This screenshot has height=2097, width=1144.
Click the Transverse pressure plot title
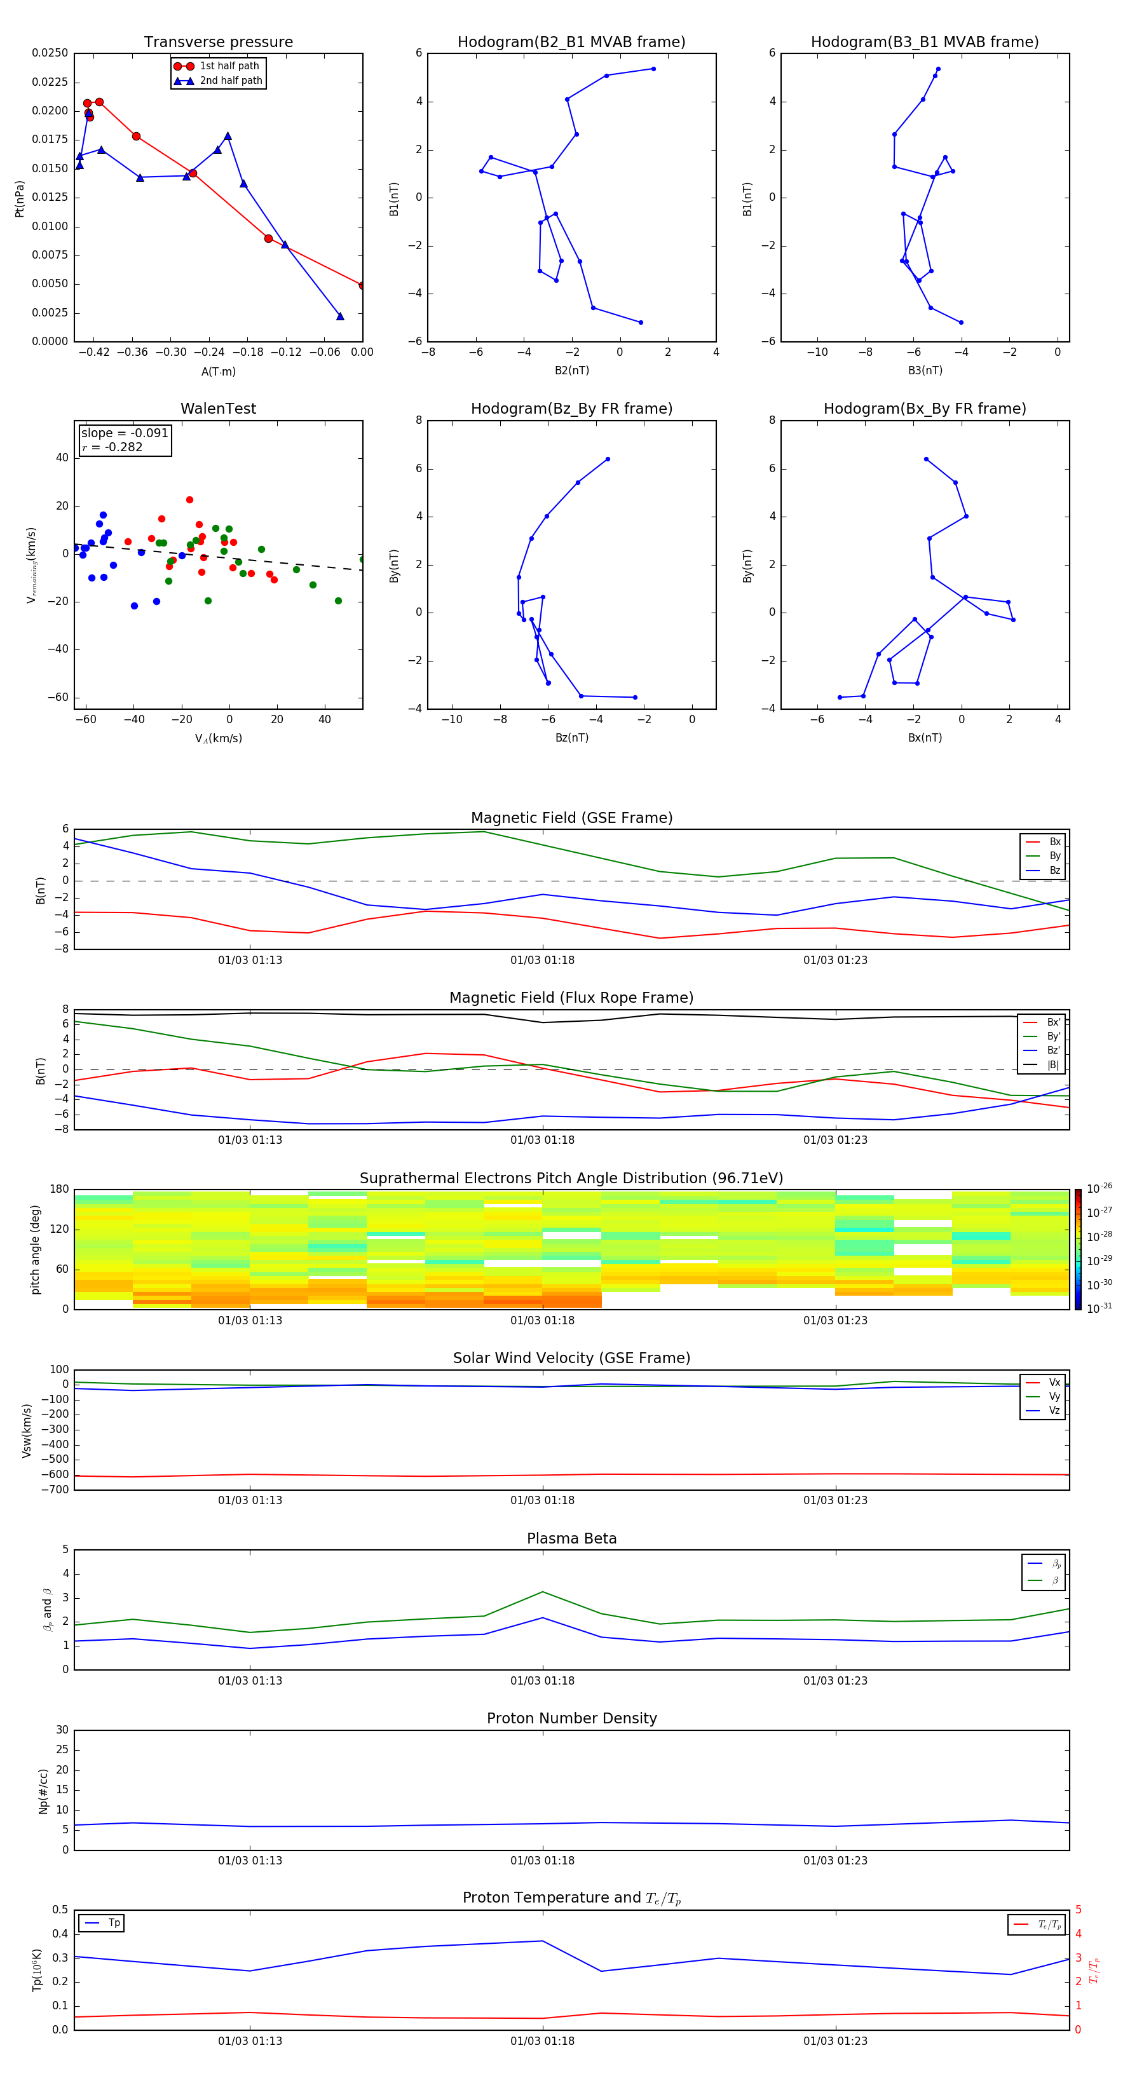point(218,43)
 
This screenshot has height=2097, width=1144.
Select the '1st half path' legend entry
point(229,66)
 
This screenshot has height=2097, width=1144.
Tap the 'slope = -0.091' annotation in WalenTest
point(125,433)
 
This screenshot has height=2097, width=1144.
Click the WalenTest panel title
point(218,409)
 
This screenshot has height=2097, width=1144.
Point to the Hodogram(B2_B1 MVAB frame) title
point(571,43)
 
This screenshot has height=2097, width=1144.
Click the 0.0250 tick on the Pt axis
point(50,53)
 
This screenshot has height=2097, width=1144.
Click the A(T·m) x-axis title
point(218,372)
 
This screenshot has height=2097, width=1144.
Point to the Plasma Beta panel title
point(571,1538)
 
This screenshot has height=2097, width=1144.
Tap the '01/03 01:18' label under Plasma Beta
point(542,1680)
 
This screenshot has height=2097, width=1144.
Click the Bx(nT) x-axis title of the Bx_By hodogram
point(924,738)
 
